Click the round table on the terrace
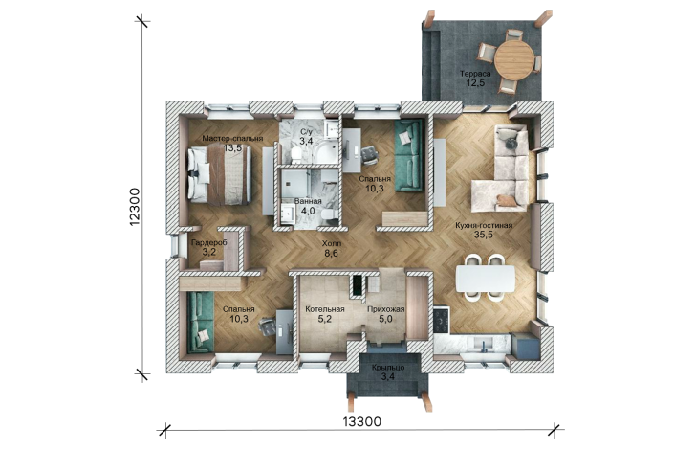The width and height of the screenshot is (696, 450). (x=514, y=60)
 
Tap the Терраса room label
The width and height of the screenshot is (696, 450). (x=475, y=74)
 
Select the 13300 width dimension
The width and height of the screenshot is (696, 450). (x=361, y=421)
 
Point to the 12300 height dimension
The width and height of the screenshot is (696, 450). (x=135, y=207)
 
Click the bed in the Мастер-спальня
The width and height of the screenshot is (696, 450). (x=219, y=175)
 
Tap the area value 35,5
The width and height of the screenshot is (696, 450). (x=484, y=236)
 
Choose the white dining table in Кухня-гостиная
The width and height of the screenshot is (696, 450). (x=486, y=279)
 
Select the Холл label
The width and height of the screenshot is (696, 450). (x=332, y=244)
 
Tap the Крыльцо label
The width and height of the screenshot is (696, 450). (x=388, y=368)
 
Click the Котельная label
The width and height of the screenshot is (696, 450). (x=325, y=309)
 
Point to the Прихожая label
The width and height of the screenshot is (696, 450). (x=385, y=309)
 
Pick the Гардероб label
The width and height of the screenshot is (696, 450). (x=209, y=243)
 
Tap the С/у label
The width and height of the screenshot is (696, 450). (x=306, y=132)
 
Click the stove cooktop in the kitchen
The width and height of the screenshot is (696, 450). (x=442, y=319)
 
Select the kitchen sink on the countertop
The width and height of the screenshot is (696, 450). (x=482, y=344)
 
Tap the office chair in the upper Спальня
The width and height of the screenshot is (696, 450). (x=369, y=154)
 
